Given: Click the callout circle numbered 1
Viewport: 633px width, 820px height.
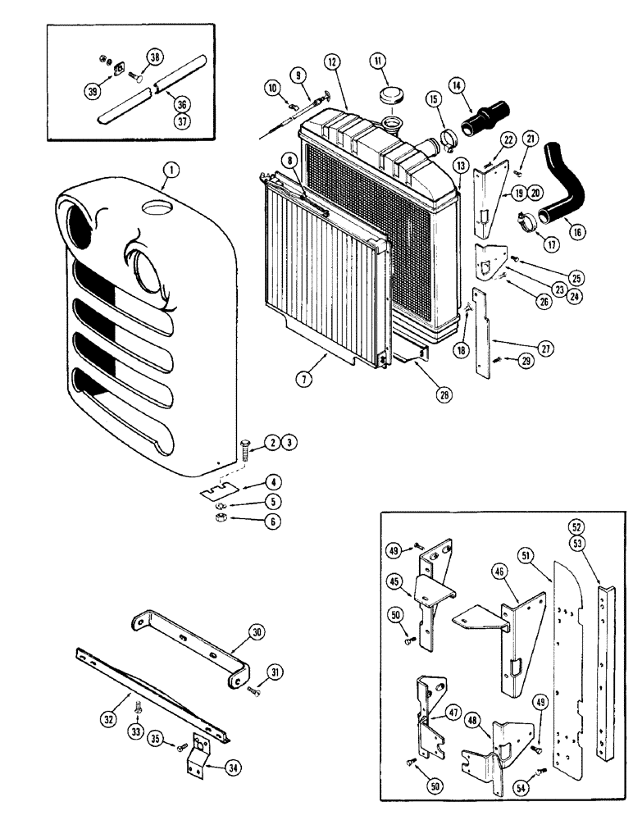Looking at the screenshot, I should click(170, 171).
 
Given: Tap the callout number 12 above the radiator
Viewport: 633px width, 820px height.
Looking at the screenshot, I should click(331, 61).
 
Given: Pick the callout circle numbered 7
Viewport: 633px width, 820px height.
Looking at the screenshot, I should click(305, 378).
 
